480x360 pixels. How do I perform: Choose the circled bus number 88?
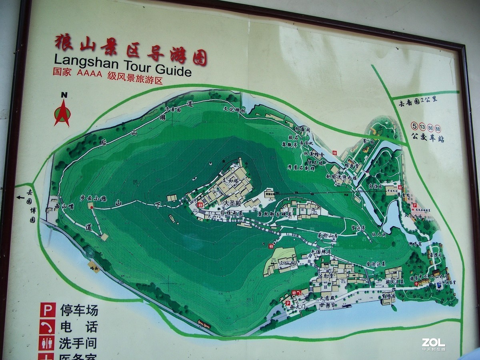click(438, 128)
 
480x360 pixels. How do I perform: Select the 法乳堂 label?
click(325, 276)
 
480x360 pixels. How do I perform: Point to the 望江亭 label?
click(356, 228)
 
